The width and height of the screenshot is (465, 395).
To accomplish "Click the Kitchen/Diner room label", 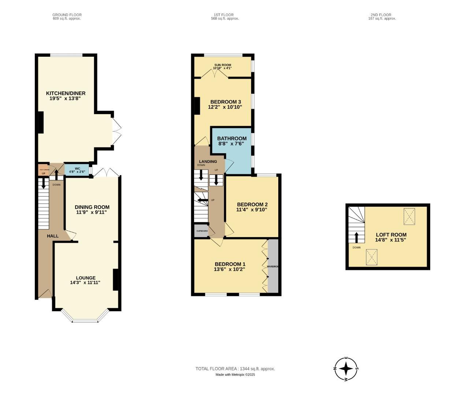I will click(x=66, y=93).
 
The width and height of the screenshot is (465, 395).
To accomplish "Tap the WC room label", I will click(x=77, y=169).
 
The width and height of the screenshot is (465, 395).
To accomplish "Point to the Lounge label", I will click(x=86, y=278).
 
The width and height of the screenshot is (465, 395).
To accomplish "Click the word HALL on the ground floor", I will click(x=53, y=236).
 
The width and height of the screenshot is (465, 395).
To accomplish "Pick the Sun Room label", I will click(x=222, y=65).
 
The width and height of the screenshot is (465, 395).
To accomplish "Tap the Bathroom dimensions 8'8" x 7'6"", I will click(x=231, y=144).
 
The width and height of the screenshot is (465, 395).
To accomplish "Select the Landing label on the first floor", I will click(x=208, y=161).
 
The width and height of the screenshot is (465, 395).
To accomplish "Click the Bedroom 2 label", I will click(x=252, y=204).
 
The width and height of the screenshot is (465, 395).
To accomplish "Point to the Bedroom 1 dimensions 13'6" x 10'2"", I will click(x=229, y=269).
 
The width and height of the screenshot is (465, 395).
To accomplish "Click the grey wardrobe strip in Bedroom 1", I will click(x=273, y=266).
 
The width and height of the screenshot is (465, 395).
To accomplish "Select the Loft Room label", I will click(x=391, y=235).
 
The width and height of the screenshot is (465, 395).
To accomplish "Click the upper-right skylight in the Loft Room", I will click(x=410, y=216).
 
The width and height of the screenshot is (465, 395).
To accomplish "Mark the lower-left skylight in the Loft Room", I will click(x=371, y=257).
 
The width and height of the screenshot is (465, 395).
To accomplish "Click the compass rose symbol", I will click(x=346, y=369).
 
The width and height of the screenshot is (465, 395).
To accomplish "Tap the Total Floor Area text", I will click(x=235, y=369).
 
